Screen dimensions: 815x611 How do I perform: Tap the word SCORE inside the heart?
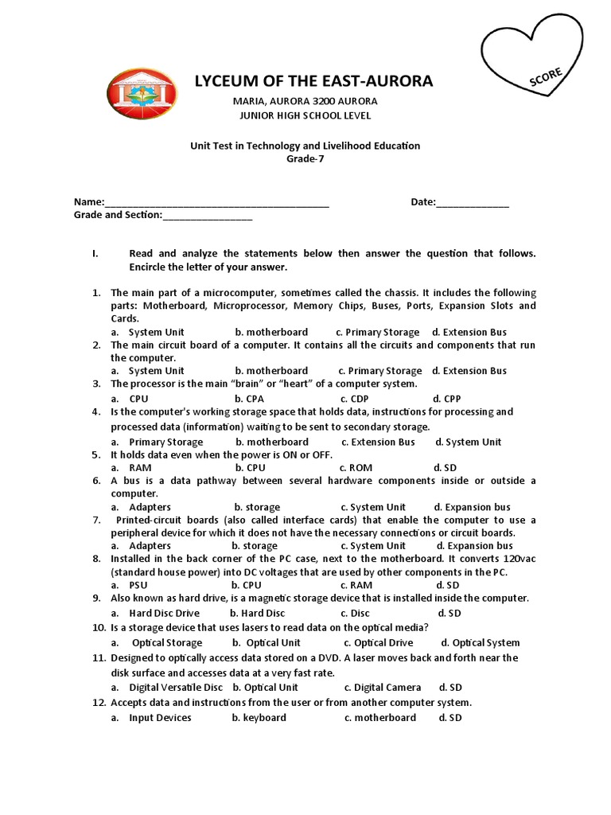point(546,78)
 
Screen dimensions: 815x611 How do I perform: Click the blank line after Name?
point(216,204)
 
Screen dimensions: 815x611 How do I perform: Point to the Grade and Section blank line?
point(208,216)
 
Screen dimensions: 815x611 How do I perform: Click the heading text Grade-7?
point(305,158)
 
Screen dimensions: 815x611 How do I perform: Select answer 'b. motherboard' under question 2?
point(271,371)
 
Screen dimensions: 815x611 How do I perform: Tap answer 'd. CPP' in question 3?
point(447,399)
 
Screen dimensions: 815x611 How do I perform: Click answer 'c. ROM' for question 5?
point(356,468)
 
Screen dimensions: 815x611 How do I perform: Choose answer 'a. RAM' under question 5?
point(131,468)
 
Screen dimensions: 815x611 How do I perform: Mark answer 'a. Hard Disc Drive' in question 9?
point(155,614)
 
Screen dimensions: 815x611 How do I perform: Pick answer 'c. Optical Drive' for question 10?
point(378,643)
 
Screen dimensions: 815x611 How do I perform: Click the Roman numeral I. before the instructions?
point(95,254)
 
